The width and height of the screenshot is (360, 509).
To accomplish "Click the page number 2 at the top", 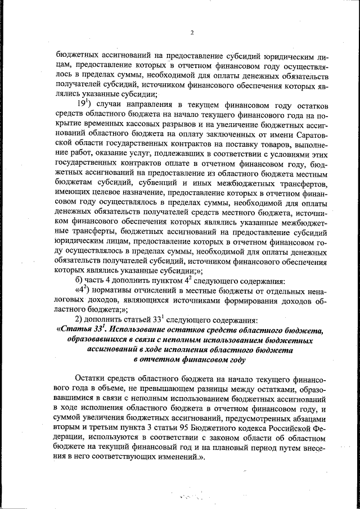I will point(191,32).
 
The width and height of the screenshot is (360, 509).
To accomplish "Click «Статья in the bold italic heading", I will point(76,330).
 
